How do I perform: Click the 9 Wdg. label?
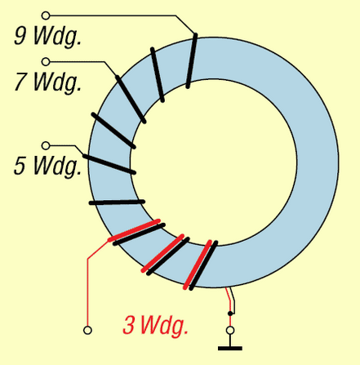pos(47,37)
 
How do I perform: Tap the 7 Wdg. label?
pos(47,82)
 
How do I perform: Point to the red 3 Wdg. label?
pos(155,326)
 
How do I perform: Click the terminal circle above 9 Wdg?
pos(46,16)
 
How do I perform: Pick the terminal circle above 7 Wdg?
pos(46,62)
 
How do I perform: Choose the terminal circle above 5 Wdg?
pos(46,145)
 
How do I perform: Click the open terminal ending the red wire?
pos(87,330)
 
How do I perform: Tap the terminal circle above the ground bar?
pos(230,331)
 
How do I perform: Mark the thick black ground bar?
pos(230,348)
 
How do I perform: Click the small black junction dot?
pos(230,314)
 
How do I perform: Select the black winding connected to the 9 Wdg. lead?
pos(192,60)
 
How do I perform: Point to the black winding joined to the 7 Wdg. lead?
pos(131,100)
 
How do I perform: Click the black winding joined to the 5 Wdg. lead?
pos(109,164)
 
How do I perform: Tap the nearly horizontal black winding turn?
pos(117,203)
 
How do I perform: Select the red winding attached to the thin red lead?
pos(134,230)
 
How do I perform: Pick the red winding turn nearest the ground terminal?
pos(198,265)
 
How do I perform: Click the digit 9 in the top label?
pos(20,35)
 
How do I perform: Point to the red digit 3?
pos(128,325)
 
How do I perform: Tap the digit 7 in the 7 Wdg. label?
pos(20,81)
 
